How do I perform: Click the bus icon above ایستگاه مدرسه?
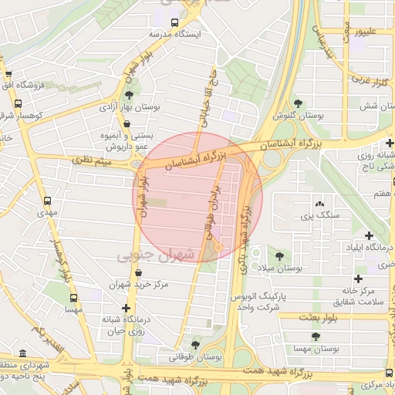point(175,22)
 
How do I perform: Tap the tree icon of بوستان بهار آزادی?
point(128,95)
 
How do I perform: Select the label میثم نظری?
point(92,161)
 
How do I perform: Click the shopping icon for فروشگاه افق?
point(8,75)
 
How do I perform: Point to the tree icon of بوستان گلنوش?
point(298,103)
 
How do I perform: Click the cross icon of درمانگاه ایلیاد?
point(369,235)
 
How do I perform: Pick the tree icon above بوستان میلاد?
point(279,255)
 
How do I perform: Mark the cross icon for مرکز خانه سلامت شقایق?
point(358,278)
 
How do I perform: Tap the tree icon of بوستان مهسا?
point(315,336)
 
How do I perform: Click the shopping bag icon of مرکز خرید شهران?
point(137,272)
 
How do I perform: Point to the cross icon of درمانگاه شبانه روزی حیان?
point(126,307)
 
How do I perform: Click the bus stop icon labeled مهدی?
point(48,200)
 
